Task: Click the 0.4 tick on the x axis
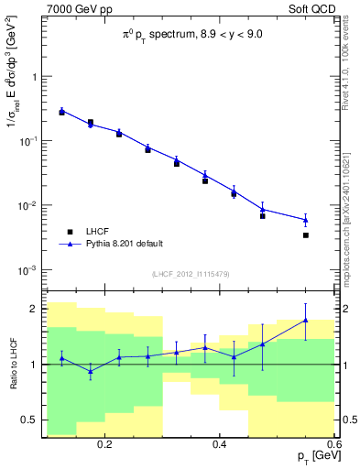coord(220,443)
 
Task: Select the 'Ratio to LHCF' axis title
coord(12,365)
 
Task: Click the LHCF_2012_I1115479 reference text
coord(190,274)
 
